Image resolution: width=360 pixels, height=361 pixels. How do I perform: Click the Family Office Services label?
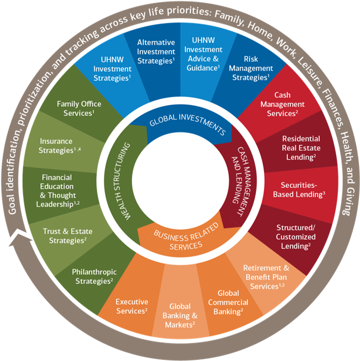coord(79,108)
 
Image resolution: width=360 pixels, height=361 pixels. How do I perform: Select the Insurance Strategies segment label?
coord(59,146)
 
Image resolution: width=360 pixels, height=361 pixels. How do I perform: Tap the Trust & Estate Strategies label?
coord(67,236)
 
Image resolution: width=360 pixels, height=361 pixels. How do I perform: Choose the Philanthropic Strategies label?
coord(94,276)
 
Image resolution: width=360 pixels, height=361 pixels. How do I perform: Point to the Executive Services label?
coord(131,306)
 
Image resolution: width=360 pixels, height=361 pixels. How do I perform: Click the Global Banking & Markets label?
coord(180,316)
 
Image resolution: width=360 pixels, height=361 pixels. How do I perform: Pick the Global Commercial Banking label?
coord(228,302)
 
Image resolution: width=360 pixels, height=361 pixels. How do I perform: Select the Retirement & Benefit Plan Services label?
coord(266,277)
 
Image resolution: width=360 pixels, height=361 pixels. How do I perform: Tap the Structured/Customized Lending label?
coord(296,237)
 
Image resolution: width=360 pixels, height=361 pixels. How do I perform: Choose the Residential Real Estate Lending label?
coord(301,148)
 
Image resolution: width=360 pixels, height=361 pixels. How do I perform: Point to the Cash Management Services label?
coord(282,104)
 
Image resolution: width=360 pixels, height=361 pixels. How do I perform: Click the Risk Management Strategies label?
coord(251,68)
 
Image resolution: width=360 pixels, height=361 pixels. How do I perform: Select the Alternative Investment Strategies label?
coord(156,52)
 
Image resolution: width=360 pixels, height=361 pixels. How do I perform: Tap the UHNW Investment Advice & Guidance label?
coord(203,54)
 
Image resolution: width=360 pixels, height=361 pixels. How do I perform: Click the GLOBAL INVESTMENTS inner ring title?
coord(188,124)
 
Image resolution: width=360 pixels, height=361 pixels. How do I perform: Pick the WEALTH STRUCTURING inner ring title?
coord(122,181)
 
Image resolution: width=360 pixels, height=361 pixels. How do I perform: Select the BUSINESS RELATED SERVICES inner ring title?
coord(186,237)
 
